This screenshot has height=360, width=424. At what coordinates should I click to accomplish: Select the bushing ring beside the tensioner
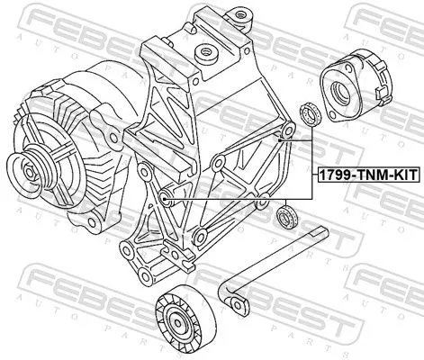tap(309, 114)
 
